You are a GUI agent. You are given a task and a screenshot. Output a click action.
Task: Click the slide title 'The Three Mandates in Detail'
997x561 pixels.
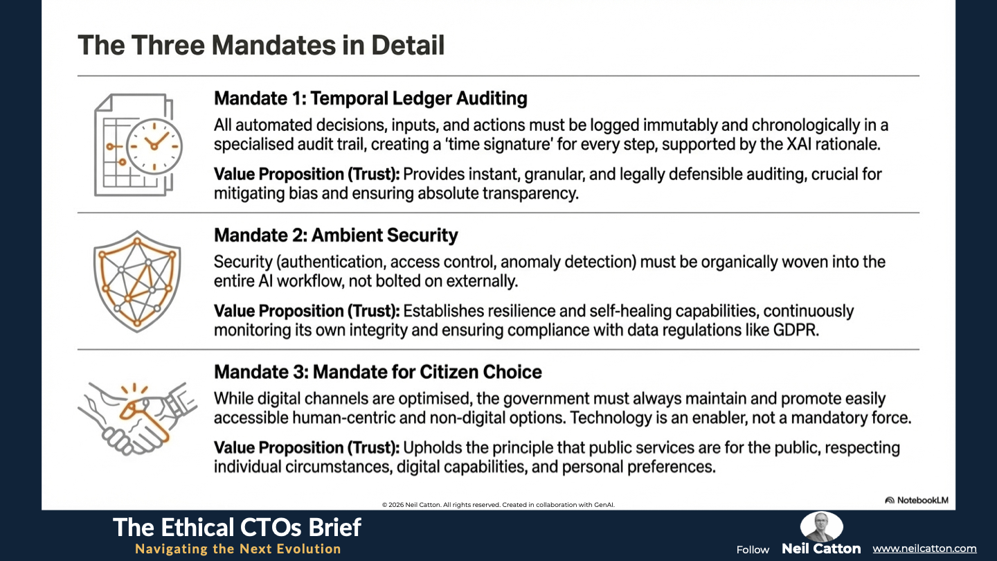(261, 45)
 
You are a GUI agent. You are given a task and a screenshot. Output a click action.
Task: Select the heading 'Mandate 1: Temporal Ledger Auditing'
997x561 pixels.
(370, 98)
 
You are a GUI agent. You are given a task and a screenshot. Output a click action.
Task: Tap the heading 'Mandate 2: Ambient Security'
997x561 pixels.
(336, 235)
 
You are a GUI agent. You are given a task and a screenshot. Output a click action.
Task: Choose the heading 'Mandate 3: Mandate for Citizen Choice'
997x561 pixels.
(378, 372)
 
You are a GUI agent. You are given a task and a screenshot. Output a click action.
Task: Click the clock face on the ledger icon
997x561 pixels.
(154, 146)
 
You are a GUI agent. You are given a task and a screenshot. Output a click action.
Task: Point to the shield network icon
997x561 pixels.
(137, 281)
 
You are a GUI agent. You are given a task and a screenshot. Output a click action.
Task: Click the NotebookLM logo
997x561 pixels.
(917, 501)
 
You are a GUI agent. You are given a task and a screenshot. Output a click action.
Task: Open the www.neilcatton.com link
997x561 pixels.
(924, 549)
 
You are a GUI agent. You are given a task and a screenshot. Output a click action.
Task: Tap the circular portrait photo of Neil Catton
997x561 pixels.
(821, 526)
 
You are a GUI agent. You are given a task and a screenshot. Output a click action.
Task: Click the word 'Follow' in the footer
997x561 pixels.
(753, 550)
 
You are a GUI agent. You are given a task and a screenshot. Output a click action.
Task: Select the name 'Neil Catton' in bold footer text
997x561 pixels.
(821, 549)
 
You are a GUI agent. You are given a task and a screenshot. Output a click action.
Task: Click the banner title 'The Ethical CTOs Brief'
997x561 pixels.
(237, 528)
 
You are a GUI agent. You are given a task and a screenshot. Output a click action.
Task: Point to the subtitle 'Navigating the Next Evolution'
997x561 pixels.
(238, 549)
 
